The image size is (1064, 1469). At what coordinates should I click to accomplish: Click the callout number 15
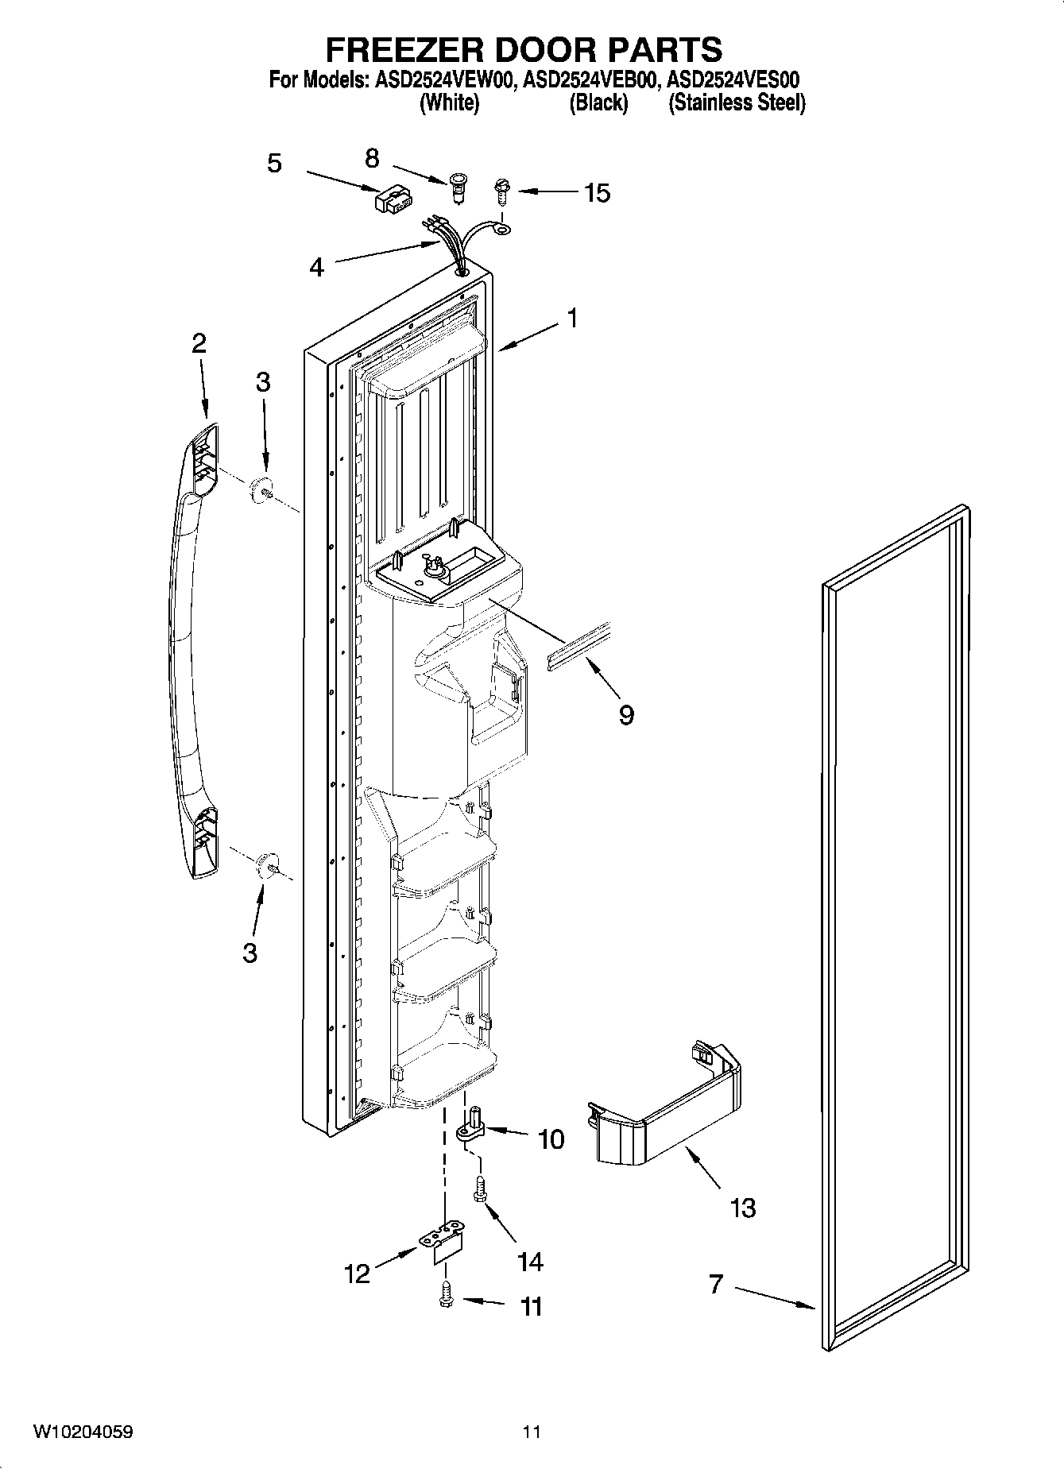(597, 192)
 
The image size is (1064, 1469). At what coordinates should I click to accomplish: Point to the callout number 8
(372, 158)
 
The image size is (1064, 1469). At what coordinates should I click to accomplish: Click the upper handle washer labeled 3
(261, 492)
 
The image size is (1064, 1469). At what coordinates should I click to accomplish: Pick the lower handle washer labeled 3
(269, 864)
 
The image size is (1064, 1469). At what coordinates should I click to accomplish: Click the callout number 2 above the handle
(199, 343)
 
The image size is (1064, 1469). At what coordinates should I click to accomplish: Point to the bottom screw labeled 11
(446, 1297)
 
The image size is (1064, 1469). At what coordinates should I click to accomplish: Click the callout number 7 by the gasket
(716, 1283)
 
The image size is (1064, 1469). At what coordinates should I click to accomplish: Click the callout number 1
(572, 318)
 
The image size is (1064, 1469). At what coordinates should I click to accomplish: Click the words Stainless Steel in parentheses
(737, 103)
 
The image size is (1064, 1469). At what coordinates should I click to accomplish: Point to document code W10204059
(83, 1432)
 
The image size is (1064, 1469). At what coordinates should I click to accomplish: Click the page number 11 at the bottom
(532, 1432)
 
